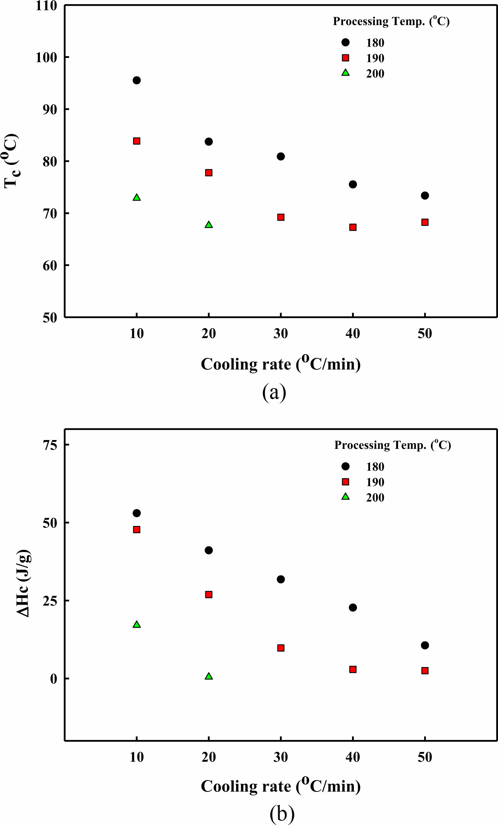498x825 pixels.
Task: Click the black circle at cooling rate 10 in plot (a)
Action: [137, 81]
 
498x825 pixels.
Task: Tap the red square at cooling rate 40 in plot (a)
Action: [353, 227]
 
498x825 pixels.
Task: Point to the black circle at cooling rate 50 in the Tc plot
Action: [425, 196]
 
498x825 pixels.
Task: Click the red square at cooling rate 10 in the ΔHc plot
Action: [137, 529]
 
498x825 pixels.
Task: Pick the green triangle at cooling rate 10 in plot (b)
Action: [137, 625]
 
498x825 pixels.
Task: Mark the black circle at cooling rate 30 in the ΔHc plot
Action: [281, 579]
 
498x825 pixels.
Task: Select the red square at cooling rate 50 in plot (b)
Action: [425, 670]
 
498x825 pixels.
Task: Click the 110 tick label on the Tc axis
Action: [46, 6]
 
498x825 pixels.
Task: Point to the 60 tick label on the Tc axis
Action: [50, 266]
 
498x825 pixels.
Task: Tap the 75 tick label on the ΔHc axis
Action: [50, 445]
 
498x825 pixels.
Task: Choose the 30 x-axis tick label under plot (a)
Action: [281, 333]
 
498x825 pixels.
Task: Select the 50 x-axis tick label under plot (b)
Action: [425, 757]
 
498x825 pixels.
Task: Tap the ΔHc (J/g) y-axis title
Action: [24, 583]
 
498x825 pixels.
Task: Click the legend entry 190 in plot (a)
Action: [375, 58]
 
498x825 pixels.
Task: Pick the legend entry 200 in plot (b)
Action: [375, 498]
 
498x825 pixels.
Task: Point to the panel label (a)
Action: [274, 392]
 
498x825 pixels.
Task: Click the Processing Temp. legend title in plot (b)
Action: [392, 445]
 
